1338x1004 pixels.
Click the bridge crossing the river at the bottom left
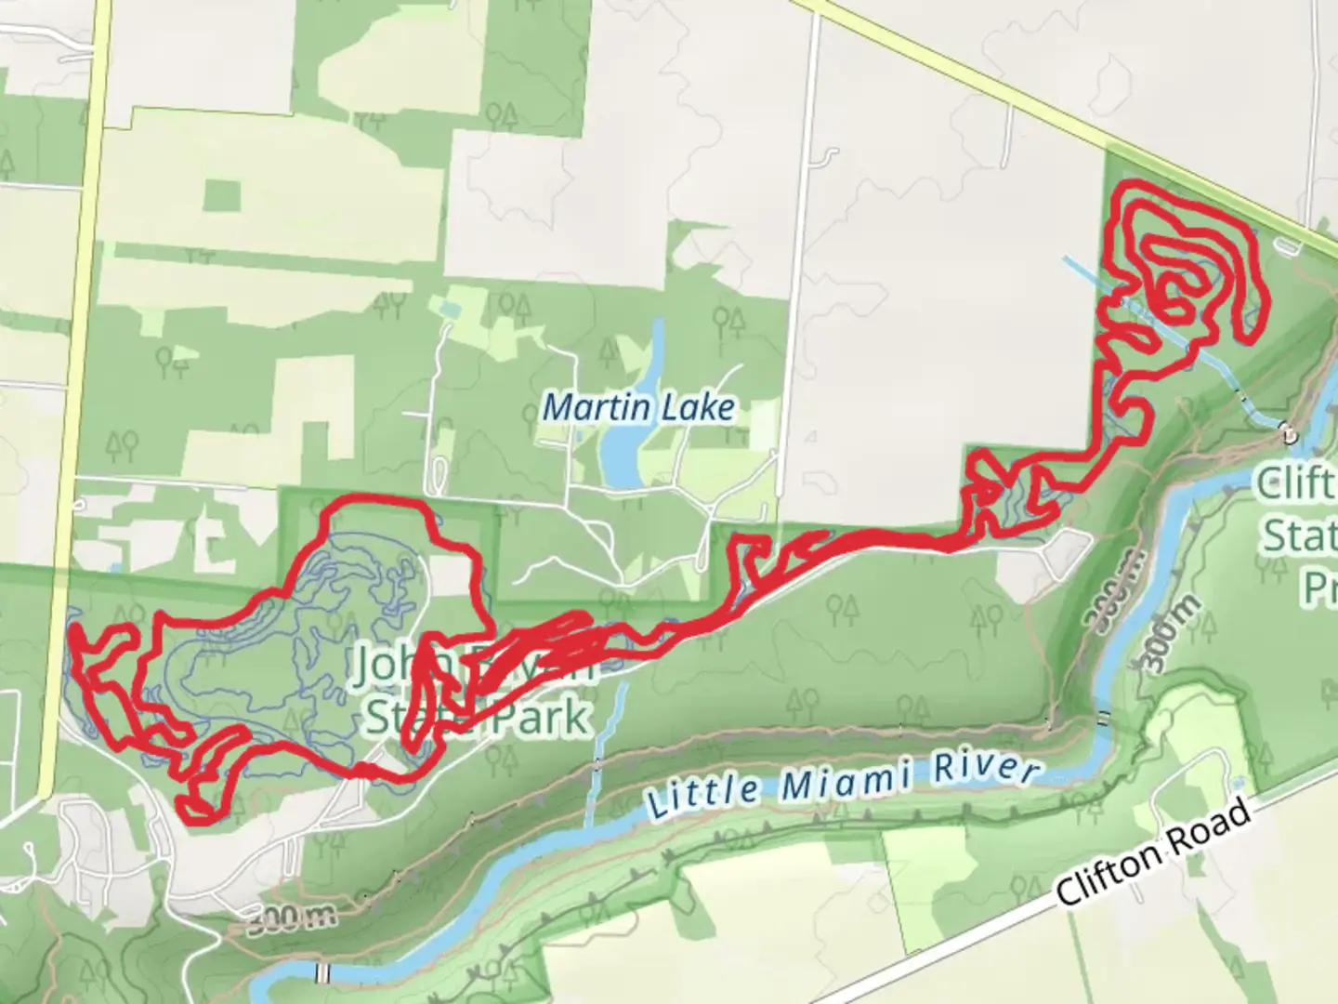(322, 973)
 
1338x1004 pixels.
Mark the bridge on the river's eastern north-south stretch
(1103, 718)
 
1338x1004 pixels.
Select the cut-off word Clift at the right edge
(1297, 484)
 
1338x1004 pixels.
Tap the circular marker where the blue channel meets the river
(1287, 430)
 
